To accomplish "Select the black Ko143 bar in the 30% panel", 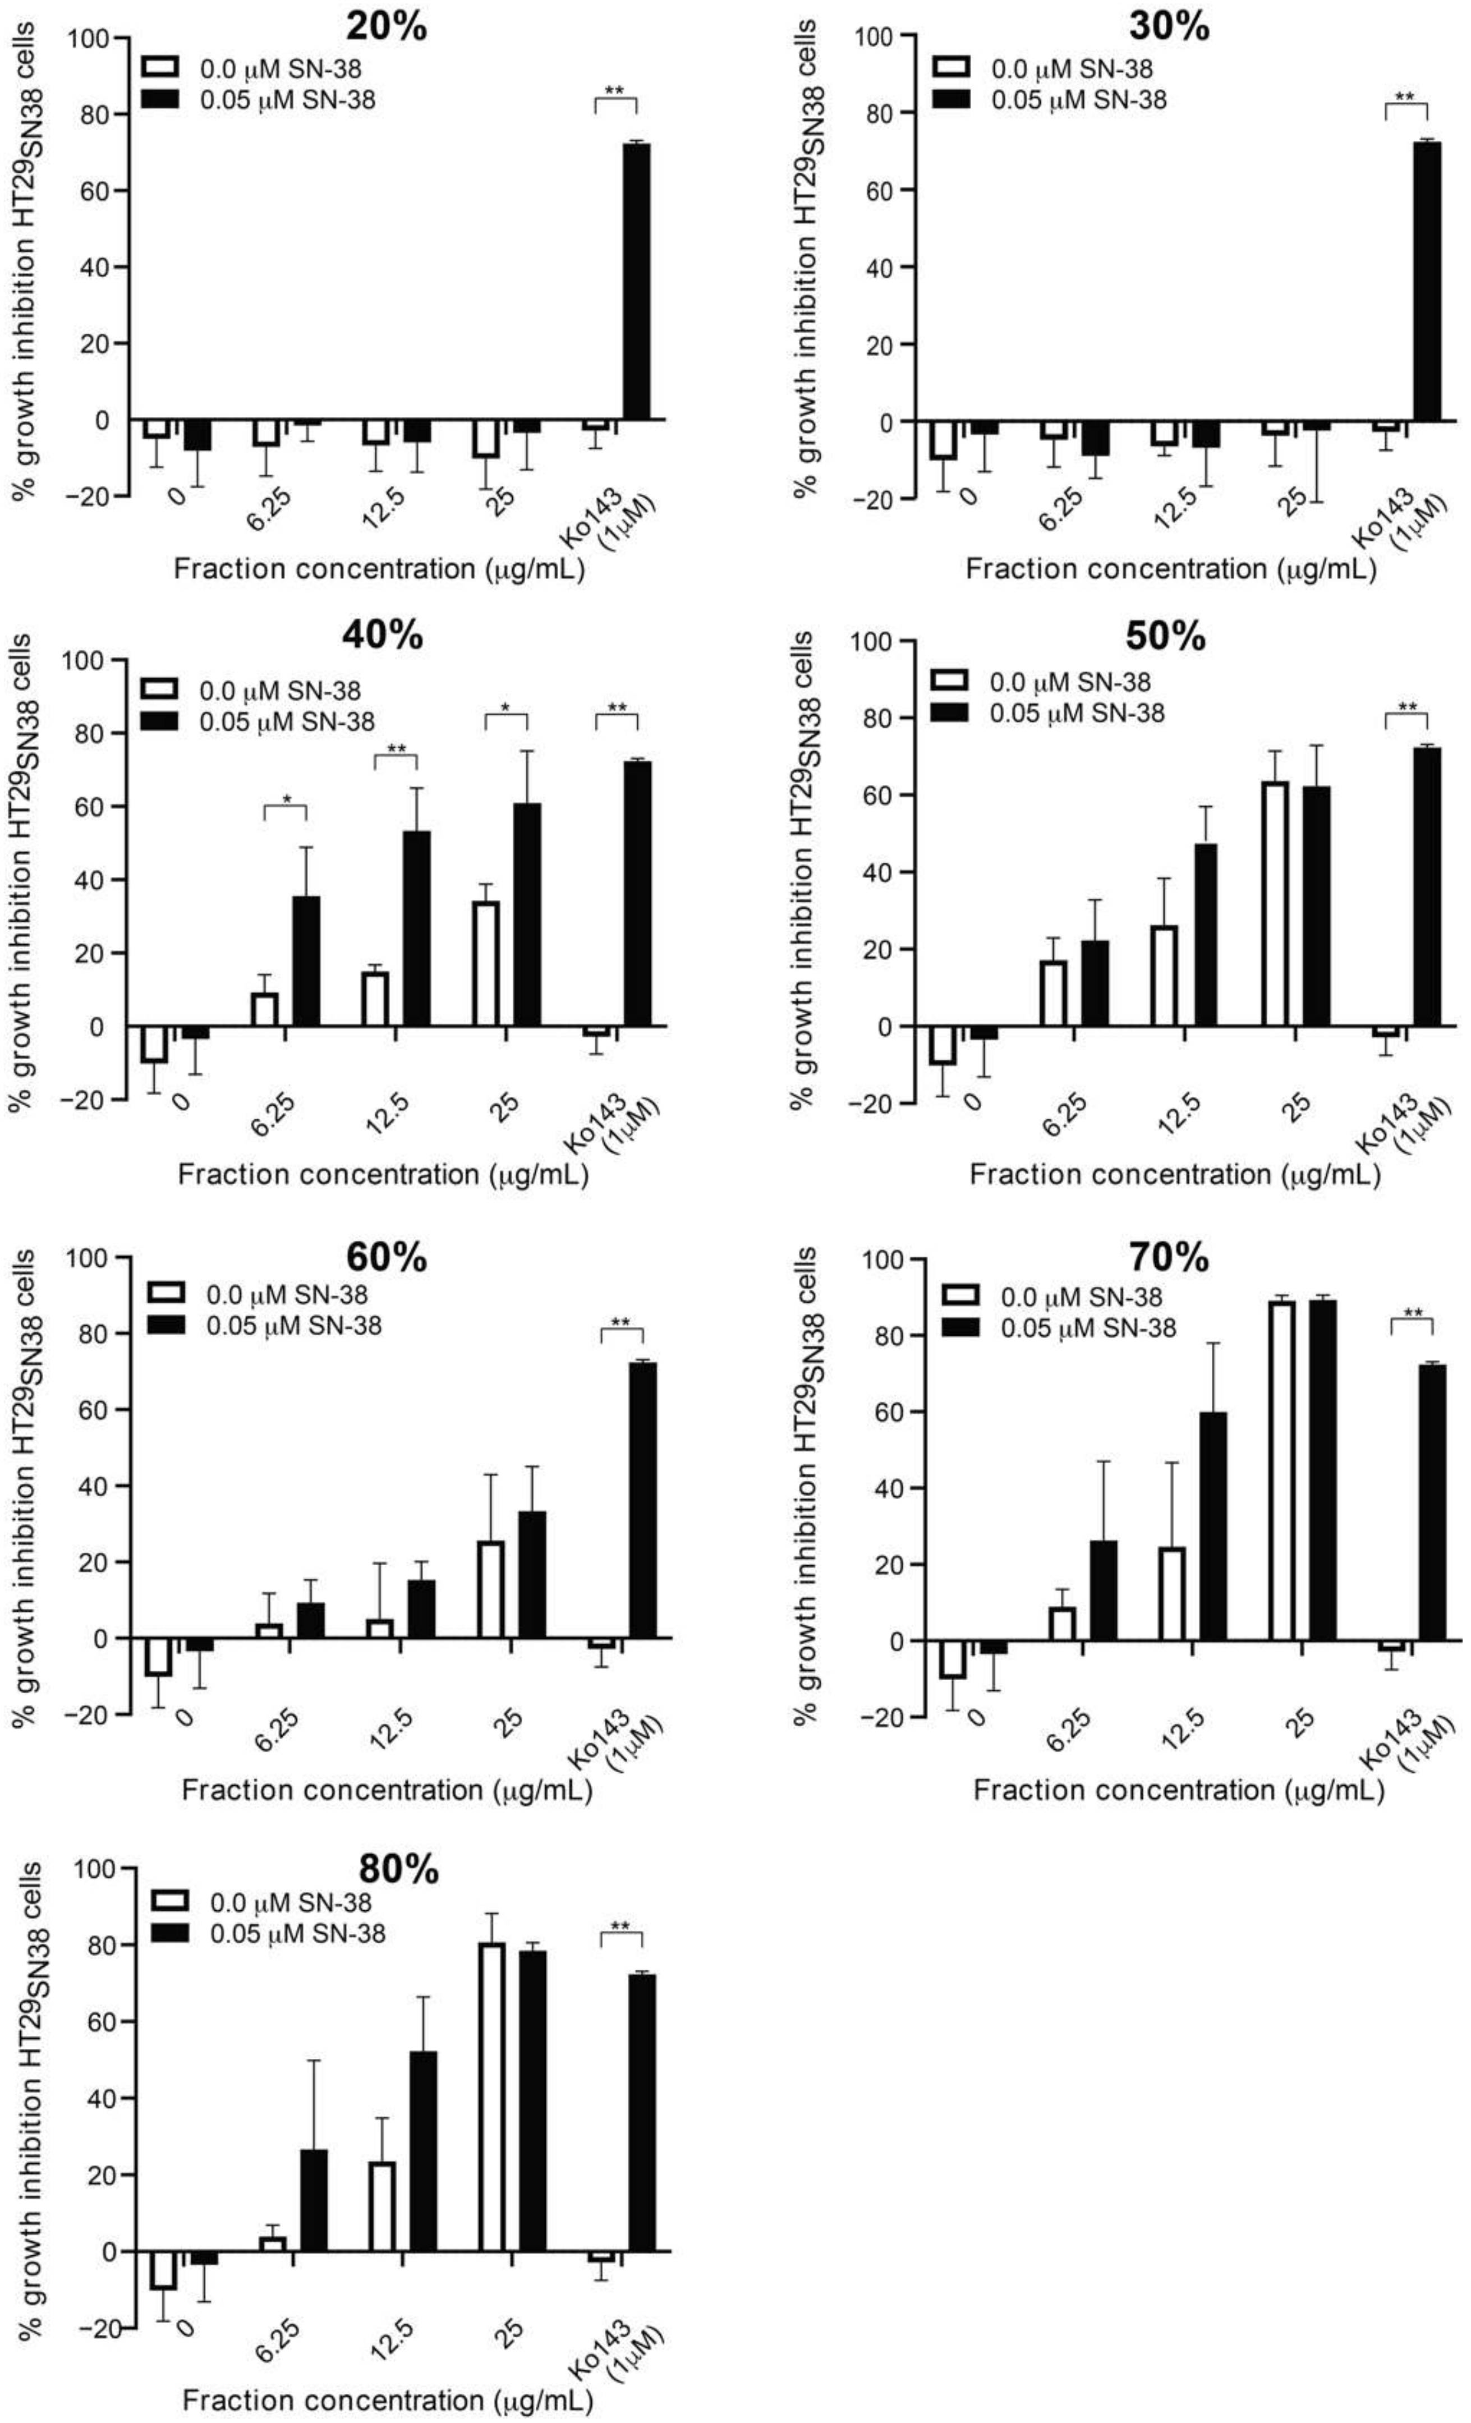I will coord(1427,281).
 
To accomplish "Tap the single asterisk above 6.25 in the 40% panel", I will coord(286,799).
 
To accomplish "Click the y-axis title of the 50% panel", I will coord(805,870).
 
